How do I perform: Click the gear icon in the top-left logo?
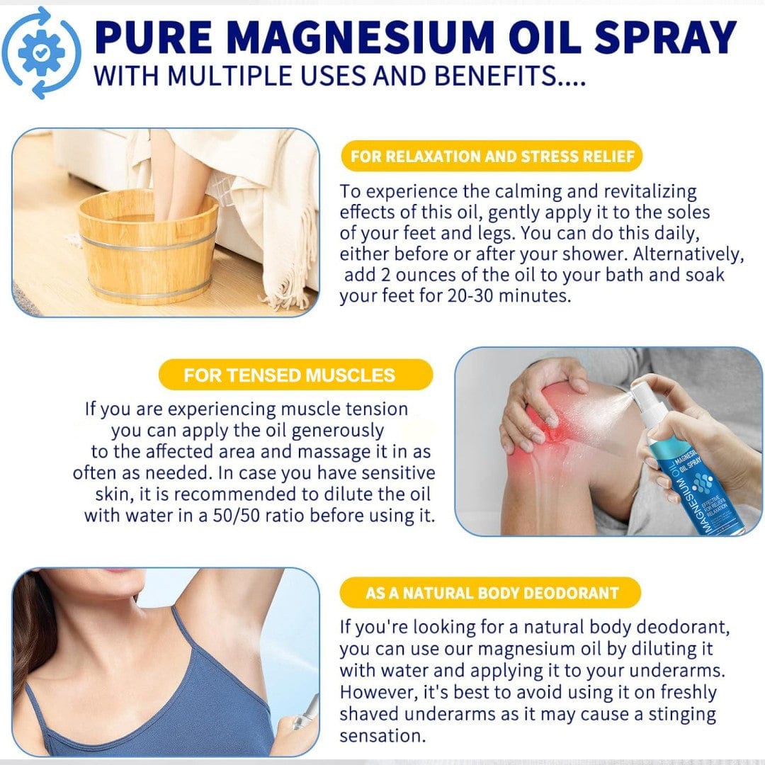41,52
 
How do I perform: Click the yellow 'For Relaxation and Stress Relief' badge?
492,156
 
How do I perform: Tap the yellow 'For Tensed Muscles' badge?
295,375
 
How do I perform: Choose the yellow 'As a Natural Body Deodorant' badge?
490,593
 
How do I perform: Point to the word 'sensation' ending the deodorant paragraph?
382,736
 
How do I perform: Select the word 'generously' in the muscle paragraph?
338,431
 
